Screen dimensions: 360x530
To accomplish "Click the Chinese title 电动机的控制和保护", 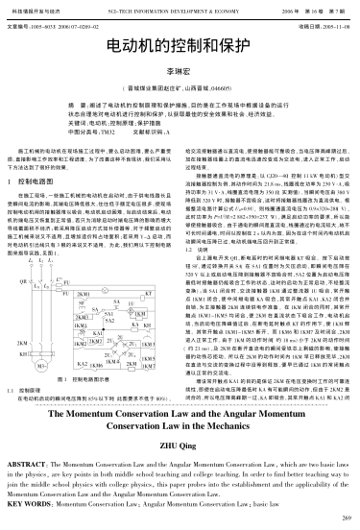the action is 179,45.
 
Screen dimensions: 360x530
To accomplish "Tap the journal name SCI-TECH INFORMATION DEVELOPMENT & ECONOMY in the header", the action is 180,6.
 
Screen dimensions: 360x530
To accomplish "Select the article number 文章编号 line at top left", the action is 48,24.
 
